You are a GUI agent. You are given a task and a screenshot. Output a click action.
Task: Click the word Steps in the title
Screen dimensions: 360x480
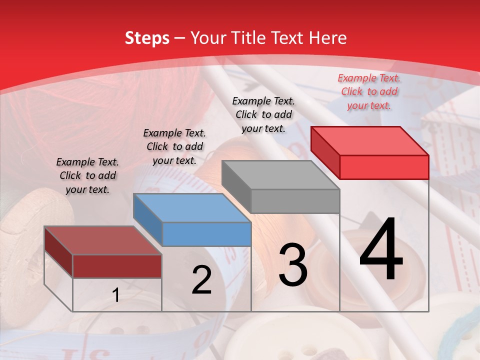pos(147,38)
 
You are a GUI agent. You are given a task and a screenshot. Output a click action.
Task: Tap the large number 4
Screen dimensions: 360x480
pos(381,249)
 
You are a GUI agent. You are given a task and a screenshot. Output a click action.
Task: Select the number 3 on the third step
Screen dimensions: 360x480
pos(293,264)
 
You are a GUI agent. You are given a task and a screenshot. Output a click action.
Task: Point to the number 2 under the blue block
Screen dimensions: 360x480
pos(201,280)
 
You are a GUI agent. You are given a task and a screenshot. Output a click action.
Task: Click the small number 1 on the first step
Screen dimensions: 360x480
pos(116,295)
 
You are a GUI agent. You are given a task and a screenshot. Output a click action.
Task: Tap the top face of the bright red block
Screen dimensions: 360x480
pos(369,140)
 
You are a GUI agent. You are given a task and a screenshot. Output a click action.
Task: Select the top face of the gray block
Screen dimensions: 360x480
pos(280,174)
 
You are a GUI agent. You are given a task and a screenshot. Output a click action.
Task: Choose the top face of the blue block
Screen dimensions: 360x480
pos(191,207)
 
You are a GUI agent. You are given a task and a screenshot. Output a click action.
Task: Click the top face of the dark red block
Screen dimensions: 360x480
pos(102,240)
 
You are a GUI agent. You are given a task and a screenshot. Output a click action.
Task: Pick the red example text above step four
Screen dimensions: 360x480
pos(369,91)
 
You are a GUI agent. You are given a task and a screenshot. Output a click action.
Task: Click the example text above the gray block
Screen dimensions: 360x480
pos(263,114)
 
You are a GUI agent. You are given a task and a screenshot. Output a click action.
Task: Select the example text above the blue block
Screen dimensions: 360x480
pos(174,146)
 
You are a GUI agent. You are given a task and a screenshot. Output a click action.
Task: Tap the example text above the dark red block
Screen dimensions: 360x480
pos(87,175)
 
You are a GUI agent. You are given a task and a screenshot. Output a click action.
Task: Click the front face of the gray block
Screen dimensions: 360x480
pos(295,201)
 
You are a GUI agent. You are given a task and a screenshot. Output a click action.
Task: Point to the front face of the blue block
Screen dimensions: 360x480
pos(206,234)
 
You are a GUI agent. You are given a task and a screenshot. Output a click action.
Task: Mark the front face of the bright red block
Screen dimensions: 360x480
pos(384,167)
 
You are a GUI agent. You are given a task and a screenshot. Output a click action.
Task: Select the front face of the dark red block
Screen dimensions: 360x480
pos(117,266)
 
